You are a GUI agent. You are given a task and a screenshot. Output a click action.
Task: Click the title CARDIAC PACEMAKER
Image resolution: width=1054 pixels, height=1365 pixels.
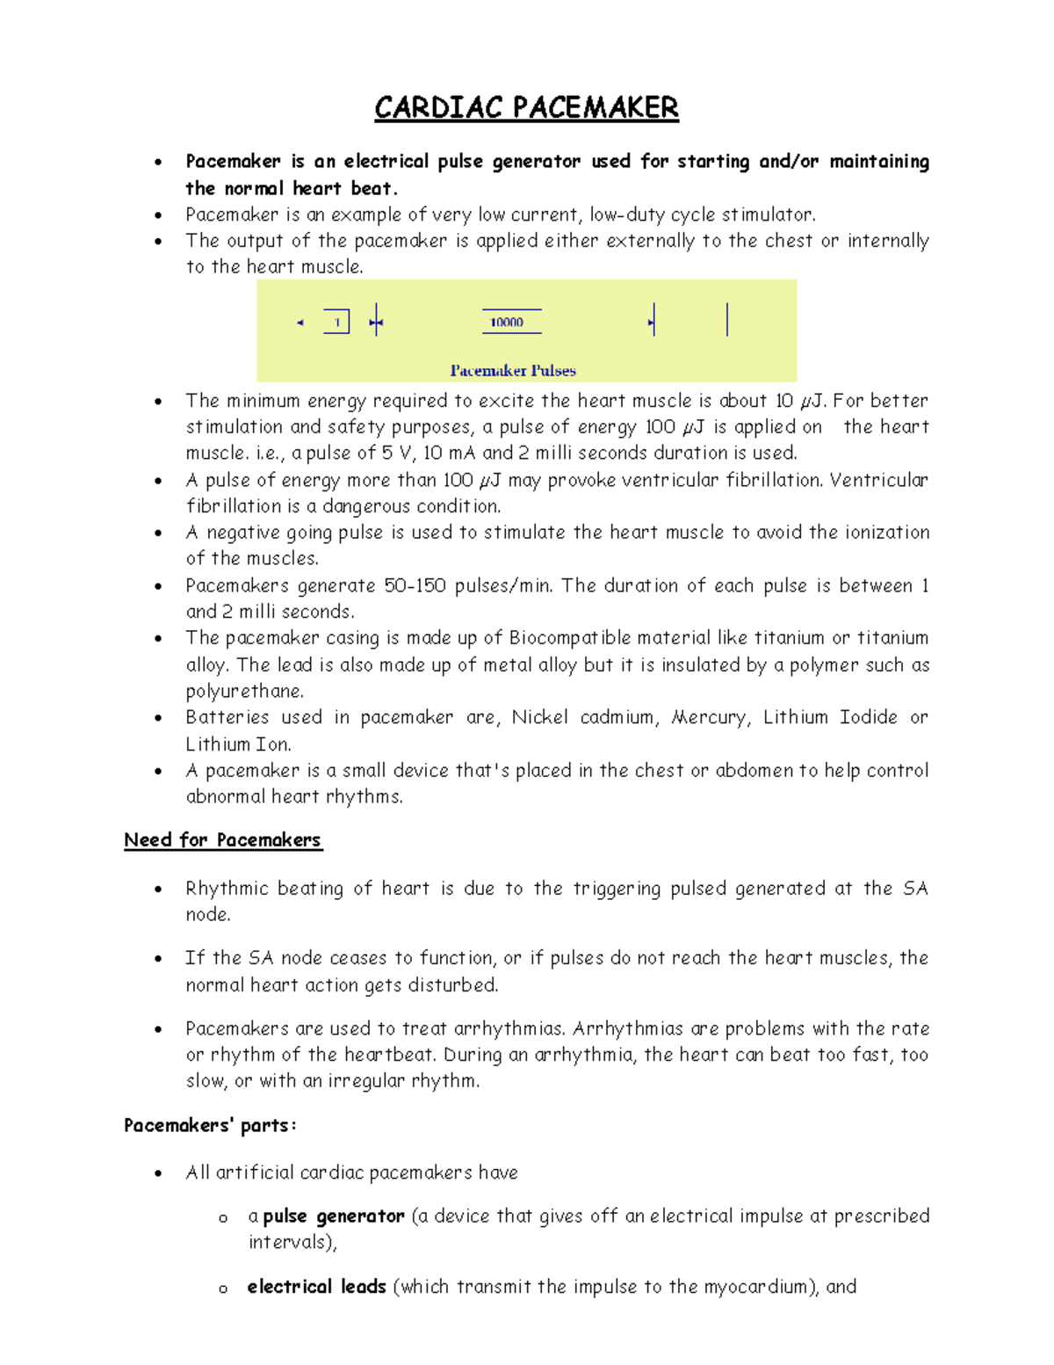[x=526, y=108]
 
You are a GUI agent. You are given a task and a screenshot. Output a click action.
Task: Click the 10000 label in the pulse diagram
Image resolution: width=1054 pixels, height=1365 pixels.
[x=507, y=323]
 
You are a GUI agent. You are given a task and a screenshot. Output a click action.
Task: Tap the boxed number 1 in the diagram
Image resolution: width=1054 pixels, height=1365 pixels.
[x=336, y=323]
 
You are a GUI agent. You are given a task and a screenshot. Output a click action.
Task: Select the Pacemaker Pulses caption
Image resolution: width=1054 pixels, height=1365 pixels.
[x=513, y=371]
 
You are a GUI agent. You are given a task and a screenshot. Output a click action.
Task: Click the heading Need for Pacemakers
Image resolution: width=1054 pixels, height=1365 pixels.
[x=223, y=840]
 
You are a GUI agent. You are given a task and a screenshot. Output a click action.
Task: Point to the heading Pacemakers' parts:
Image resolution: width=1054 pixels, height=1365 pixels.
[x=210, y=1126]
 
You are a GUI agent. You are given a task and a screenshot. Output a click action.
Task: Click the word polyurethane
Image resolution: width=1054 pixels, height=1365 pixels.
[x=243, y=691]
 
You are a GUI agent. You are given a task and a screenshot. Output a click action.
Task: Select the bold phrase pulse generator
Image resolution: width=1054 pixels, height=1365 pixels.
[x=334, y=1216]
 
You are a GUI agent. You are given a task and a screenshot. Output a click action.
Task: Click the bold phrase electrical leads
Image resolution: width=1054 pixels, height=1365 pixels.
[x=317, y=1287]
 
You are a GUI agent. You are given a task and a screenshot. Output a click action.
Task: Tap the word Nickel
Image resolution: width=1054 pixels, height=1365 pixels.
[x=540, y=717]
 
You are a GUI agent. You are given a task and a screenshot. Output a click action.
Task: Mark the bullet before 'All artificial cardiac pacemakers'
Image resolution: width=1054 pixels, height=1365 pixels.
[x=158, y=1173]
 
